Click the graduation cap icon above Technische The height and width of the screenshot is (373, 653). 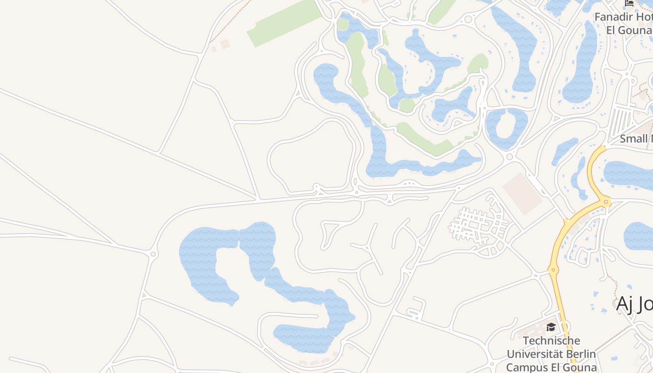point(551,327)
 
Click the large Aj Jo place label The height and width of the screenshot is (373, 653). point(634,304)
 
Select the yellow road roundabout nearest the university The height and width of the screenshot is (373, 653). point(553,269)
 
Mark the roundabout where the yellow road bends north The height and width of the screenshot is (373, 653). point(606,202)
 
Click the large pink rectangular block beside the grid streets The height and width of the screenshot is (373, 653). point(522,193)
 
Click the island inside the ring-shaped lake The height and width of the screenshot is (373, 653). point(506,127)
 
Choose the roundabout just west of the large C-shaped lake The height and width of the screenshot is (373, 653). point(153,254)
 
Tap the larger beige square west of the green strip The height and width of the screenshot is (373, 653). point(225,44)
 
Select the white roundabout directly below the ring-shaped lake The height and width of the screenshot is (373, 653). point(509,157)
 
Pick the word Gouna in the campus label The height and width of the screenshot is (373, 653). point(578,367)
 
